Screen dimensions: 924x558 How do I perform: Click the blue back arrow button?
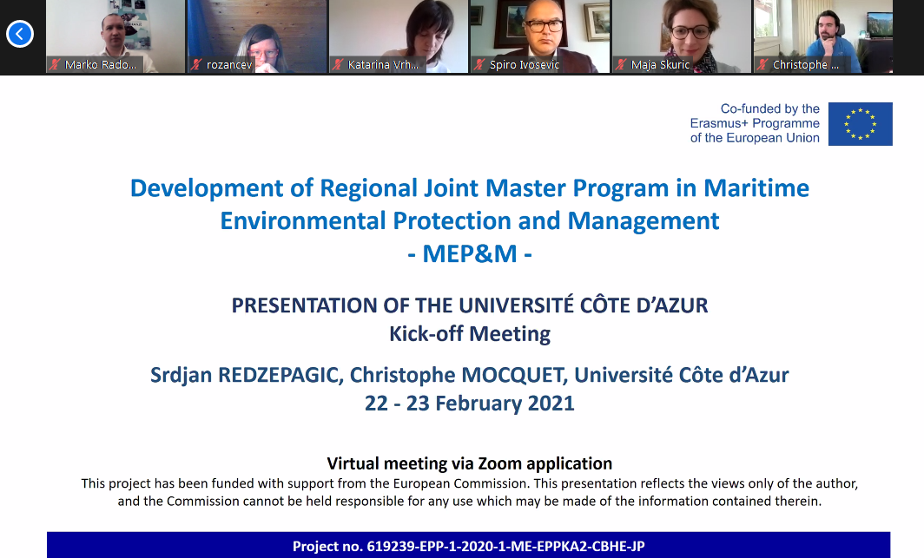[19, 34]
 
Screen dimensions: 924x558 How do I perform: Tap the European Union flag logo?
[860, 123]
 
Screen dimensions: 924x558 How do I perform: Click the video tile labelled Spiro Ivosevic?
[540, 36]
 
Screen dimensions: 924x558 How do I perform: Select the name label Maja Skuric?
[660, 65]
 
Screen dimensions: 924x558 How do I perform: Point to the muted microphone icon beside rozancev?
[196, 65]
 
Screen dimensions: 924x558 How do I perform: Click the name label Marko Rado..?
[100, 65]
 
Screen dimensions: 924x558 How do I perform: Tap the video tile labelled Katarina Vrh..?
[399, 36]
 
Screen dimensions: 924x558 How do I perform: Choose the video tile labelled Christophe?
[822, 36]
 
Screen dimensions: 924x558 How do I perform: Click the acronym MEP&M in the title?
[470, 253]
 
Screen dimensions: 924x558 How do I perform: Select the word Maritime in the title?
[756, 188]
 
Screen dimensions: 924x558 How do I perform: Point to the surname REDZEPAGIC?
[280, 375]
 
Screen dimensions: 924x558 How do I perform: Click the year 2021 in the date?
[551, 404]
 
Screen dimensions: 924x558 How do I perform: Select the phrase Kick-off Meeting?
[470, 334]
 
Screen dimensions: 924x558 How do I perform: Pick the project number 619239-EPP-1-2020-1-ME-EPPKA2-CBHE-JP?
[505, 546]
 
